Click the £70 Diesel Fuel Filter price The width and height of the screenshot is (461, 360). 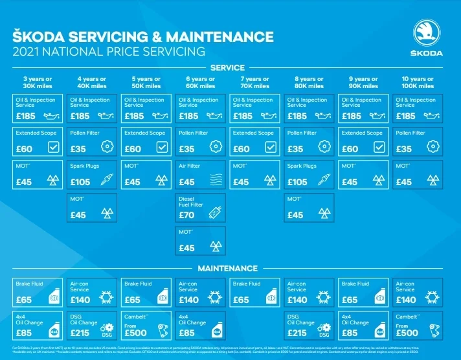(x=186, y=215)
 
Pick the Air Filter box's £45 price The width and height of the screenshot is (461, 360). (x=186, y=182)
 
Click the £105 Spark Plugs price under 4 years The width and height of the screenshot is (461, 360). (x=80, y=182)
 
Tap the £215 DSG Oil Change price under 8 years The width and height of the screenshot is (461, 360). (x=297, y=333)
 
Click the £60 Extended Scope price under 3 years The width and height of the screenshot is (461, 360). (x=24, y=149)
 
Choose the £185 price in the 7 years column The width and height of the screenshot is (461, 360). (x=242, y=116)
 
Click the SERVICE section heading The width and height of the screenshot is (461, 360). (x=227, y=67)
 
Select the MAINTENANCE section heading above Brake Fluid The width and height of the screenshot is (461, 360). (x=227, y=268)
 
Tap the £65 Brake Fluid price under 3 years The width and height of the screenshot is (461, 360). (x=24, y=300)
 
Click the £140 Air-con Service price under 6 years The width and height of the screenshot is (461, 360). (x=188, y=300)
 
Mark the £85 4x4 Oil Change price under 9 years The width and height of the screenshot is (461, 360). (x=350, y=333)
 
